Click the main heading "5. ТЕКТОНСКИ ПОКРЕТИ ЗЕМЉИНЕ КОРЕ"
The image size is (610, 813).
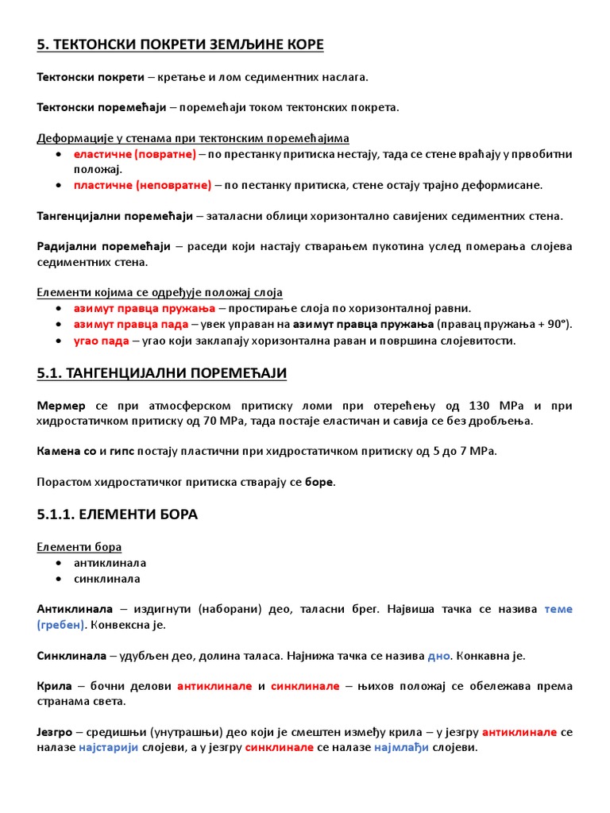180,44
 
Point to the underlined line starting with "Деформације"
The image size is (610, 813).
193,138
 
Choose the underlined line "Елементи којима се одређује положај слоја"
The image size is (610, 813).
160,292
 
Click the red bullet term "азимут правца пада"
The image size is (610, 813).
131,324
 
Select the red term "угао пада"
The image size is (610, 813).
101,341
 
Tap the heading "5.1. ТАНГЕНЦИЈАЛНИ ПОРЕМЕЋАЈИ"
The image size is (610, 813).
162,373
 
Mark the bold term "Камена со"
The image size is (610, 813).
66,451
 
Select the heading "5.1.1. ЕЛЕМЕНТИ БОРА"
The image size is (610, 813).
117,514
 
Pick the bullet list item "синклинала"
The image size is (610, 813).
106,579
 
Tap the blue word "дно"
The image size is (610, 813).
438,656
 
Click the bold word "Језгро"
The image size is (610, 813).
54,732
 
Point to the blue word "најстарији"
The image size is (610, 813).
109,748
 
